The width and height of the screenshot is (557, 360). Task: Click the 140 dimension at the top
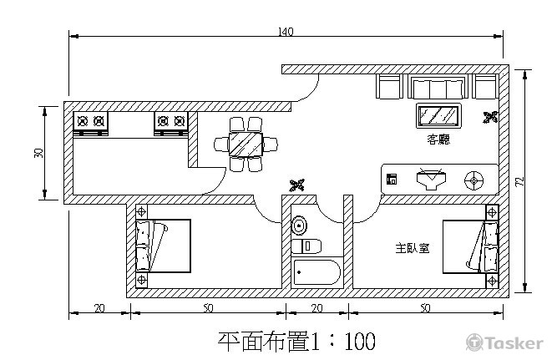coord(286,32)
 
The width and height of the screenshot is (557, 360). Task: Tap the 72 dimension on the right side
coord(519,181)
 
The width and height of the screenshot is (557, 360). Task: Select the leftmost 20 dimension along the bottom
coord(99,308)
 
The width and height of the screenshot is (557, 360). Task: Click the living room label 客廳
coord(438,139)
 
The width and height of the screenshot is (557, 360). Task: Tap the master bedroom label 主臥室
coord(413,248)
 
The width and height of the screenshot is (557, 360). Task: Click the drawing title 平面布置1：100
coord(296,342)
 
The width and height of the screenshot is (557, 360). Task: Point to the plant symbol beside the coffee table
coord(490,118)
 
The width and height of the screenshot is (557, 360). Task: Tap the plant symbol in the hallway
coord(296,185)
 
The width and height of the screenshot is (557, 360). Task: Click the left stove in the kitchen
coord(91,123)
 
